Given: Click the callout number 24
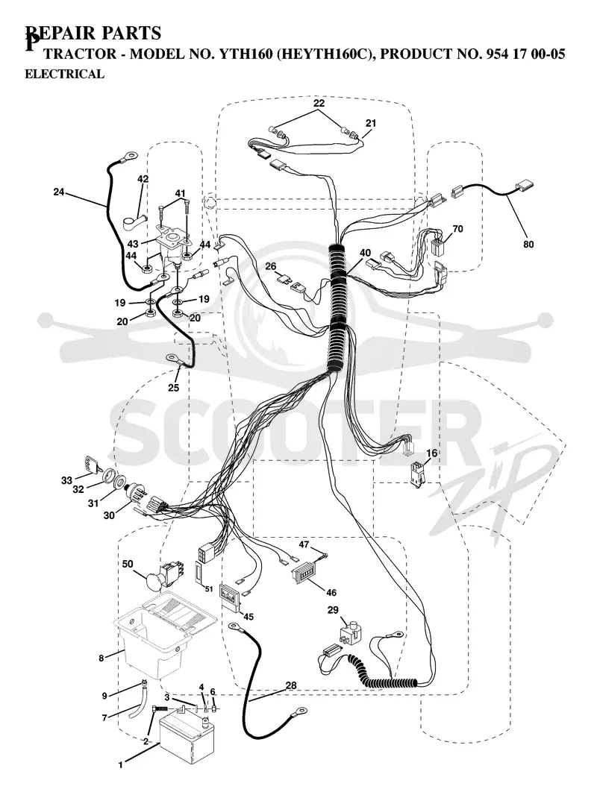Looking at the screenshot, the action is pos(60,192).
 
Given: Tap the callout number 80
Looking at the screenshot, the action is pos(528,245).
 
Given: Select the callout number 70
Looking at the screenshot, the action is pos(457,229).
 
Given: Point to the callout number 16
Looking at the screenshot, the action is pos(431,453).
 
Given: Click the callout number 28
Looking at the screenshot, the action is pos(291,685).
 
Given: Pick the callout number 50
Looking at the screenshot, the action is pos(128,564).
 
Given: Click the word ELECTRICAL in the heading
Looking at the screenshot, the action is pos(64,74).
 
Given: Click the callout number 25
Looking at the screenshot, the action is pos(174,388).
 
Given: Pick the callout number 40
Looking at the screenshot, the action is pos(365,252).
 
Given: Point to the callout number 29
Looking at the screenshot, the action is pos(334,610).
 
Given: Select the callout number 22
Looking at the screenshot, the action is pos(319,103).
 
